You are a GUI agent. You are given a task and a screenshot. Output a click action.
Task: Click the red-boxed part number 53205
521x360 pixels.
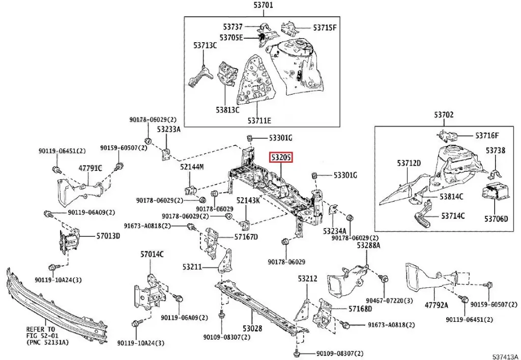pos(280,158)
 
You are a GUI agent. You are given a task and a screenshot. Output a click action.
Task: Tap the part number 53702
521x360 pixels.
pos(444,116)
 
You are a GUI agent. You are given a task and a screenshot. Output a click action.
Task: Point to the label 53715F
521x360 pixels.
pos(325,27)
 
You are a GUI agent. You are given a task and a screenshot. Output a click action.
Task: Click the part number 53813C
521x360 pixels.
pos(227,109)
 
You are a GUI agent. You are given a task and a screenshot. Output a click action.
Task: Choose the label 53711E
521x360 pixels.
pos(259,121)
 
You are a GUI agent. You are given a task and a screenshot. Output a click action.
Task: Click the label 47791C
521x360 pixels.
pos(90,168)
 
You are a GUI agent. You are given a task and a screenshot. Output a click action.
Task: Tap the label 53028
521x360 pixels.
pos(252,328)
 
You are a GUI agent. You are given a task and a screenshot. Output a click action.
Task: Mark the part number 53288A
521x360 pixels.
pos(368,246)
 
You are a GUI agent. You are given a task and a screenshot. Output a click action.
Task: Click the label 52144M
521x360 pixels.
pos(191,167)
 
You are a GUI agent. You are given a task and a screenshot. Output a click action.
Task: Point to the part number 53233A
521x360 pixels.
pos(168,130)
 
